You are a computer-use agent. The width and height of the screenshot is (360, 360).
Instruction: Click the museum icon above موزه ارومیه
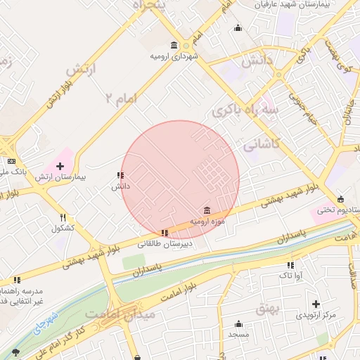(206, 210)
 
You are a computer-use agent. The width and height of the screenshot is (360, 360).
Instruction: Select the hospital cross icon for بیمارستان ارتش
(59, 166)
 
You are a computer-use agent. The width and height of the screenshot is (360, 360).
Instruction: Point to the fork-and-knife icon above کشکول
(63, 217)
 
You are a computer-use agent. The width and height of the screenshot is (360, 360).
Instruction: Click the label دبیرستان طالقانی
(165, 244)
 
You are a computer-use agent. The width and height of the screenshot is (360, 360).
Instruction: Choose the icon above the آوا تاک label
(290, 265)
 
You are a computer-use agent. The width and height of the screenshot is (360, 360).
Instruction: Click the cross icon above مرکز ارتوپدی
(316, 304)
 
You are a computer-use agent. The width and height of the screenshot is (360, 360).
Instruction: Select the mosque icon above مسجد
(238, 324)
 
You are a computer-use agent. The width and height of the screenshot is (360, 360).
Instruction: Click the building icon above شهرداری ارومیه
(174, 46)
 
